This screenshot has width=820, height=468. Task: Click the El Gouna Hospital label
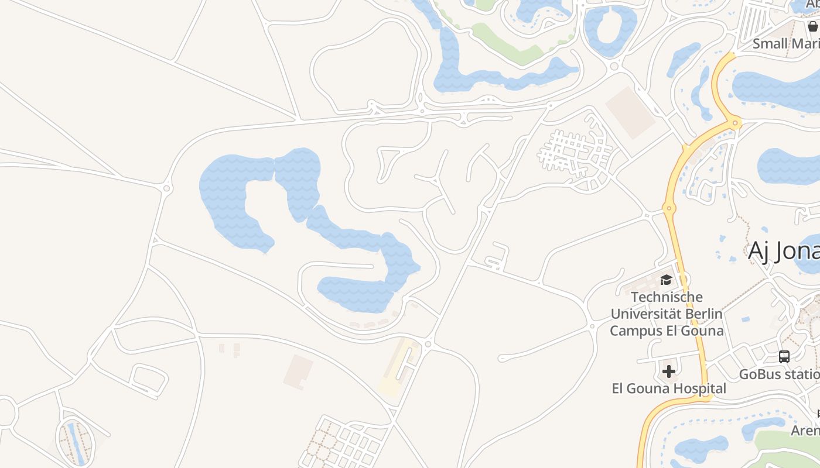(669, 388)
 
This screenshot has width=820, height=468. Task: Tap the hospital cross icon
(669, 371)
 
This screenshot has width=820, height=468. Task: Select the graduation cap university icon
(666, 280)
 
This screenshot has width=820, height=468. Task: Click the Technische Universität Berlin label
(667, 305)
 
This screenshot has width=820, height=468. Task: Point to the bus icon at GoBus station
(784, 356)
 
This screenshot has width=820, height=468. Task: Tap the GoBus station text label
(779, 374)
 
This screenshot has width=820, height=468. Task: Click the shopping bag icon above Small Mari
(812, 26)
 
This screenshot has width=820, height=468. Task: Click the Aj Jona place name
(784, 252)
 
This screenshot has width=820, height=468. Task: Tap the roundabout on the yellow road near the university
(669, 208)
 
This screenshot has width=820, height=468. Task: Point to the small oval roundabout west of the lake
(167, 188)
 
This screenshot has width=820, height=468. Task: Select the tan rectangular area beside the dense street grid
(630, 113)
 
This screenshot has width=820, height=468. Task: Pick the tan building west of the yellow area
(298, 371)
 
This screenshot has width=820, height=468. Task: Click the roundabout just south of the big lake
(428, 345)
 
